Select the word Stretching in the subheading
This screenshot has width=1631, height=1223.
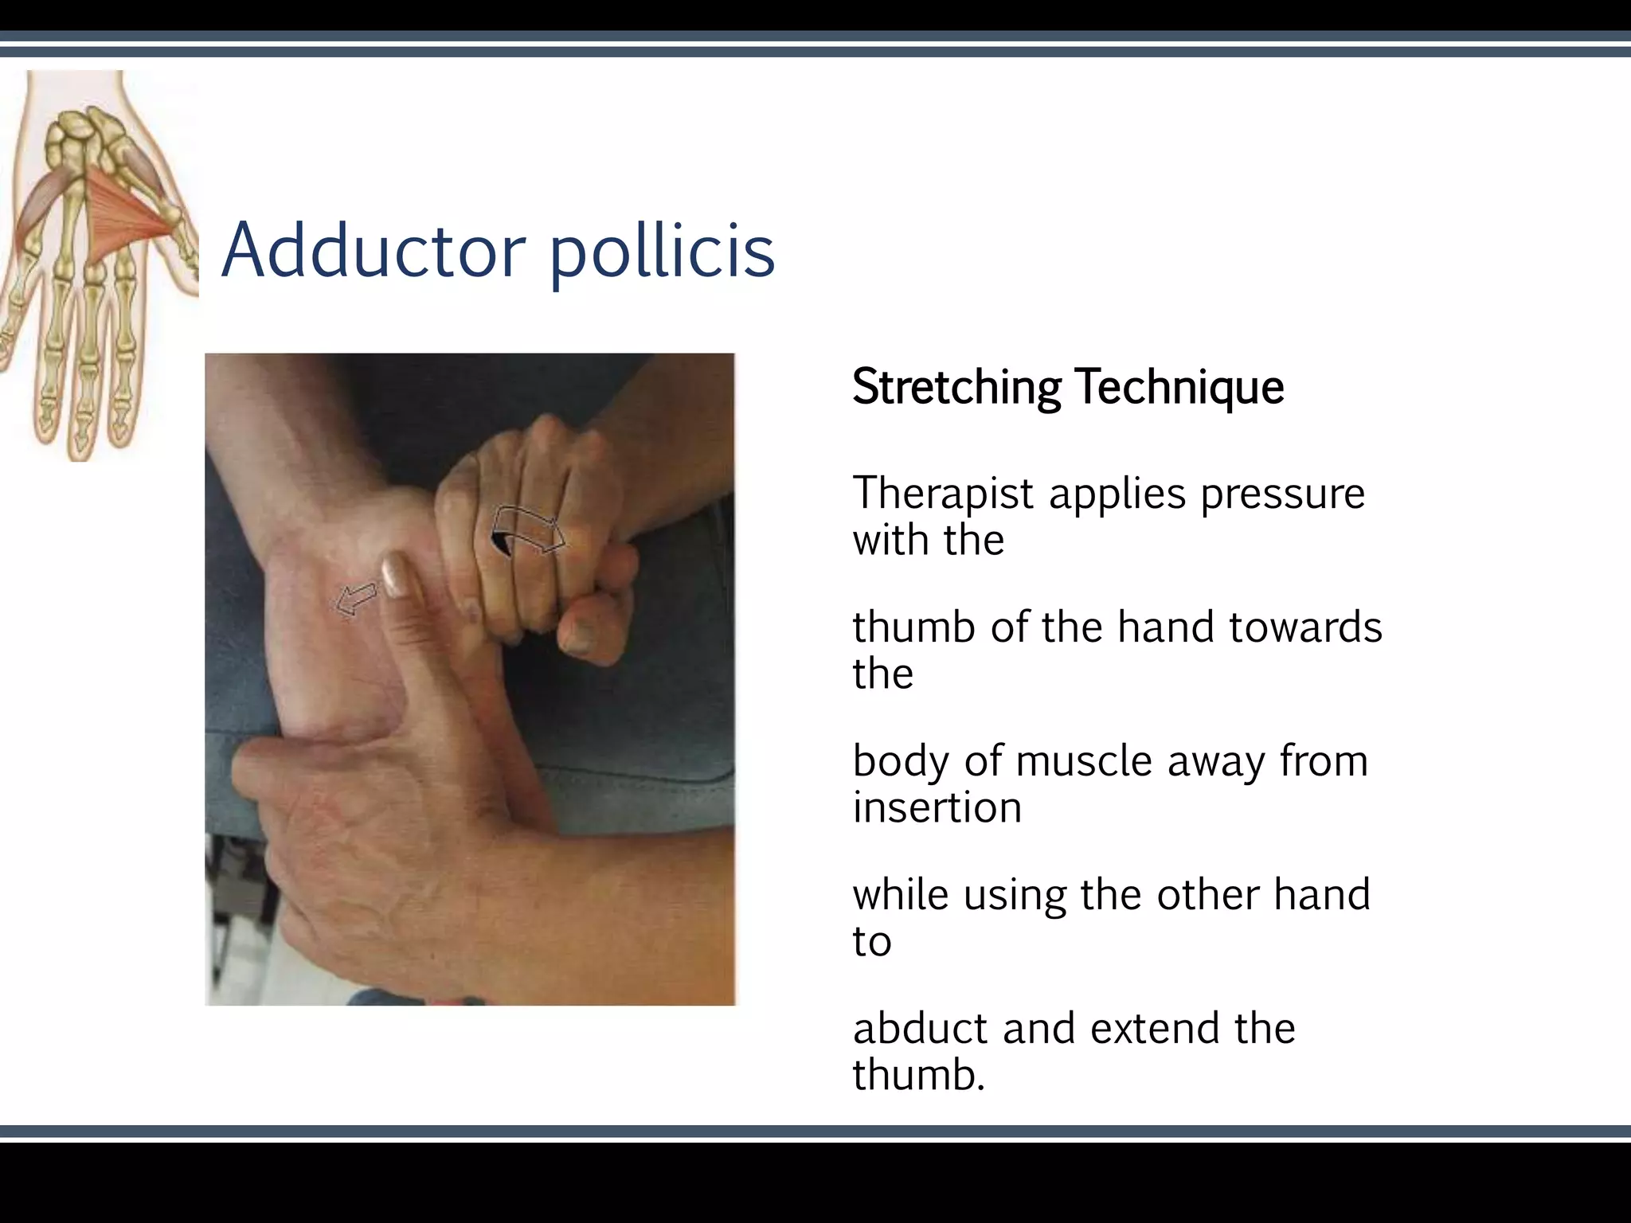click(956, 388)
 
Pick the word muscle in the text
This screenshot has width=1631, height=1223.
click(1084, 761)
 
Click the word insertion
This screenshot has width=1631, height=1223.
click(937, 807)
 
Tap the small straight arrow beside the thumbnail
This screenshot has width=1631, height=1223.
click(356, 598)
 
